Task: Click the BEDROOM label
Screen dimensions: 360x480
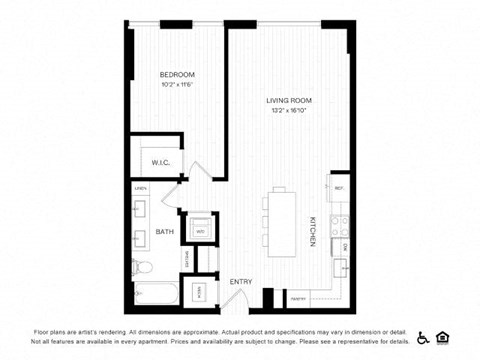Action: click(177, 75)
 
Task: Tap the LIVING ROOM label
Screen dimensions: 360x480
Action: click(289, 100)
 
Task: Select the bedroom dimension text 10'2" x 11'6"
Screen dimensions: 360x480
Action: click(177, 84)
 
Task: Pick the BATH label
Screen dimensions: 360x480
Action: click(164, 232)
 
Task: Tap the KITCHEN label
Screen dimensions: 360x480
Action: click(312, 231)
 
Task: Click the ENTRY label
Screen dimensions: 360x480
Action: click(241, 281)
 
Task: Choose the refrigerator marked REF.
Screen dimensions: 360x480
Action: click(339, 188)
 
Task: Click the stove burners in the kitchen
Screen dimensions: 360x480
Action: click(341, 225)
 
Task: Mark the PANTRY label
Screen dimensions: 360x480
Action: click(298, 298)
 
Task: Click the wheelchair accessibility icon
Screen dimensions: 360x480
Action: click(423, 337)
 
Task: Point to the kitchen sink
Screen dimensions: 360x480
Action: click(341, 266)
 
